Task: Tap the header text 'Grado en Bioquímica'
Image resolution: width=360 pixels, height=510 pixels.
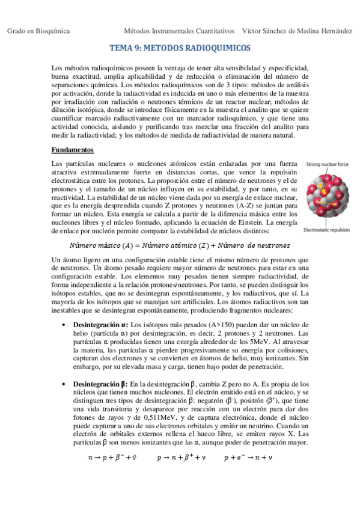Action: click(38, 30)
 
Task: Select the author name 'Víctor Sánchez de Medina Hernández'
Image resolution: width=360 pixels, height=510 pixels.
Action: click(297, 30)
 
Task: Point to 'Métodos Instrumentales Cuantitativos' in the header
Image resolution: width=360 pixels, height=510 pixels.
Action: click(178, 30)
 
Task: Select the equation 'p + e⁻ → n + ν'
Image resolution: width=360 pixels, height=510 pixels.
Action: click(248, 458)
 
